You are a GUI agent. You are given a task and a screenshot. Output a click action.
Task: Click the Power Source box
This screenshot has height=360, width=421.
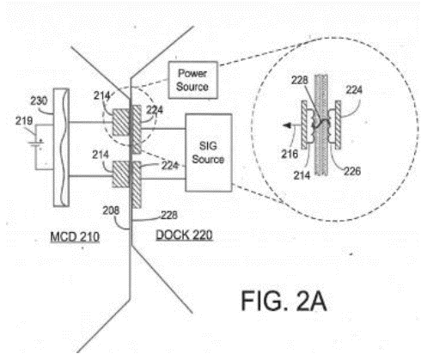coord(192,80)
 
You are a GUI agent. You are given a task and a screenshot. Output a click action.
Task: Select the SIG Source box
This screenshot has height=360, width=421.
coord(208,152)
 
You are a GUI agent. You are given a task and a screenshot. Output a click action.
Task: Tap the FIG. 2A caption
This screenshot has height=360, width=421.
coord(284,301)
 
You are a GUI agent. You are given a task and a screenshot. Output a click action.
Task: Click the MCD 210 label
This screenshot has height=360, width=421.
coord(75,237)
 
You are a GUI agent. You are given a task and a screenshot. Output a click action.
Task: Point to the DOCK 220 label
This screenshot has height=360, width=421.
coord(184,235)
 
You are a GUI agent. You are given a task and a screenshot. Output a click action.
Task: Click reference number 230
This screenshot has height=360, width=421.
coord(39,101)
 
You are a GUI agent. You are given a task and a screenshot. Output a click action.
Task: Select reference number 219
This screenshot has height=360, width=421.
coord(24,120)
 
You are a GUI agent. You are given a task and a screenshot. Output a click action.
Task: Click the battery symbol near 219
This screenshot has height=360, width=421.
coord(36,145)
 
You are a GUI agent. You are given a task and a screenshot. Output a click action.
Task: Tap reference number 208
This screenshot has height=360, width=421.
coord(111,211)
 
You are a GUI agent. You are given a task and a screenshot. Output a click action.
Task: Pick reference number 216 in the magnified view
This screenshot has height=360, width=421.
coord(290,154)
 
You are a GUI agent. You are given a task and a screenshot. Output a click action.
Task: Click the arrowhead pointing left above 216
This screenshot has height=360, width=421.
coord(287,125)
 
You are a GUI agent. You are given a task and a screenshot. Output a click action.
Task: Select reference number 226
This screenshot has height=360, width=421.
coord(352,171)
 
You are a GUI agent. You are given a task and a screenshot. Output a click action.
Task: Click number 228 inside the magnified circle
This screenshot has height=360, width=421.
coord(300,80)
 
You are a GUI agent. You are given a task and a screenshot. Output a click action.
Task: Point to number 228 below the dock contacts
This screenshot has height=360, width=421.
coord(169,215)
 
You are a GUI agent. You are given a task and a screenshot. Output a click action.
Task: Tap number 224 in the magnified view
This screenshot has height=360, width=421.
coord(354,90)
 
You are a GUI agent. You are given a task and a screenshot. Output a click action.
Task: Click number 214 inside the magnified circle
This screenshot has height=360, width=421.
coord(302,175)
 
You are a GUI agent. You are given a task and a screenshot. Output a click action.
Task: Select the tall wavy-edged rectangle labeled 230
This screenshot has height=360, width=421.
coord(61,147)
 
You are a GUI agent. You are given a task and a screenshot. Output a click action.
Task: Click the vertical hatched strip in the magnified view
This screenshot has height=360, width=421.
coord(321,125)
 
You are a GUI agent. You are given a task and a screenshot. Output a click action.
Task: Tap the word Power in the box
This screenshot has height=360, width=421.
coord(192,73)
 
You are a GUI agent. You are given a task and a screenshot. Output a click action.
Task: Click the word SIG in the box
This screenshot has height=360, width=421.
coord(208,146)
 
